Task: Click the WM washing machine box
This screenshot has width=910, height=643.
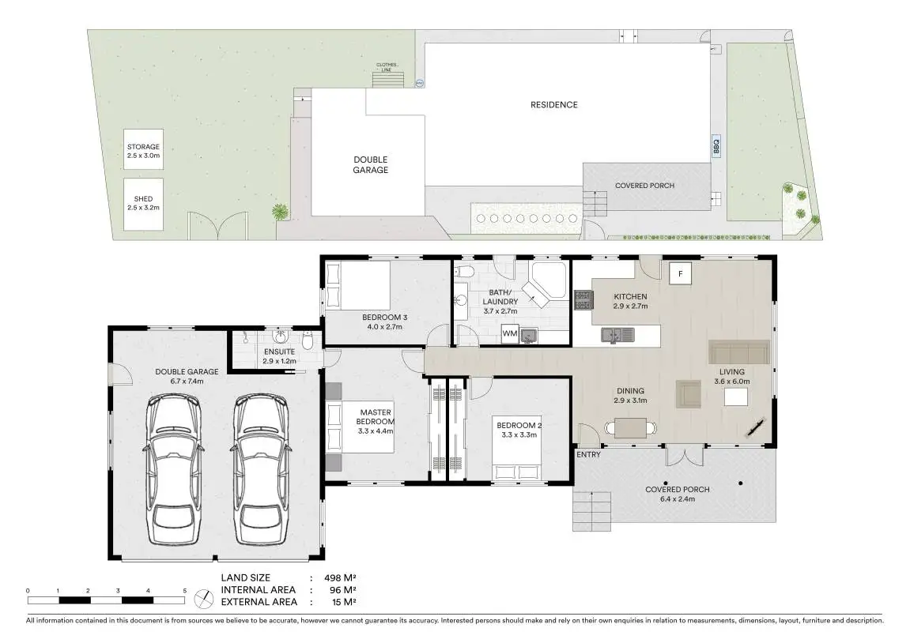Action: (510, 333)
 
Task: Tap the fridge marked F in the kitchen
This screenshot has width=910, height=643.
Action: (680, 273)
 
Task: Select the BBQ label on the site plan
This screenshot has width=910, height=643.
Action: (716, 146)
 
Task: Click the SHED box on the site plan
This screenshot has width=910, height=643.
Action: (143, 204)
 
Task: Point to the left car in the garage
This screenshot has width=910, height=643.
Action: (173, 470)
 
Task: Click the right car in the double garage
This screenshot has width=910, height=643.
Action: (261, 470)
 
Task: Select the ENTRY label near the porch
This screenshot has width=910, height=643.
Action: (588, 454)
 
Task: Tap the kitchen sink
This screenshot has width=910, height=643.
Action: (617, 335)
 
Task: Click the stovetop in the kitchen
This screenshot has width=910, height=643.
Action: (583, 299)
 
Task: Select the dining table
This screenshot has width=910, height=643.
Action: (630, 428)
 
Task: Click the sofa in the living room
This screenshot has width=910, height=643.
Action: (739, 352)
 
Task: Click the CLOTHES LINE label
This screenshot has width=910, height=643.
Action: (387, 67)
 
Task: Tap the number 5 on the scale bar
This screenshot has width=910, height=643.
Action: (185, 591)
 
